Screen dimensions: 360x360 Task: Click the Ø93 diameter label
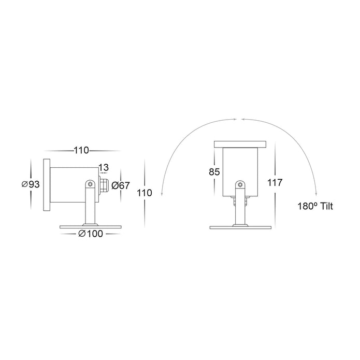click(x=31, y=184)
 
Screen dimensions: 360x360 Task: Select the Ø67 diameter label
click(x=121, y=185)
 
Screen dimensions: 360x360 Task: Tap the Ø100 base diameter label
click(x=91, y=234)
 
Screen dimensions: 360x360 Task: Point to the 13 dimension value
click(x=104, y=167)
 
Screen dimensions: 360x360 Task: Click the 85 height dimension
click(x=214, y=172)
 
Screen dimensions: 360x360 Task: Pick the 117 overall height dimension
click(x=275, y=182)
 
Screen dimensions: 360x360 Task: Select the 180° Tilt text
click(x=315, y=206)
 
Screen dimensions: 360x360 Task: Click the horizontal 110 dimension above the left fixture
click(x=81, y=150)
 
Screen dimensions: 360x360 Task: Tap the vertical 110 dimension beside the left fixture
click(x=145, y=193)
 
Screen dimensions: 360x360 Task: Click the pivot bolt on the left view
click(x=90, y=184)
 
